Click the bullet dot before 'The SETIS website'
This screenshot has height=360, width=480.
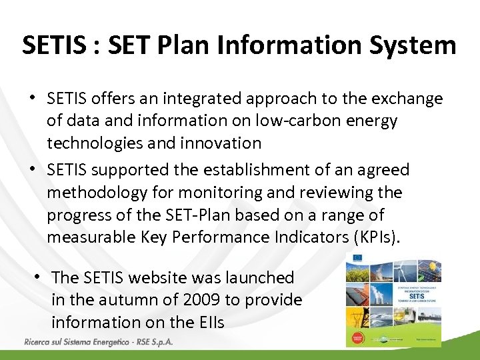coord(40,276)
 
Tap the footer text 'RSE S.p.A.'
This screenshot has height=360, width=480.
coord(155,343)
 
